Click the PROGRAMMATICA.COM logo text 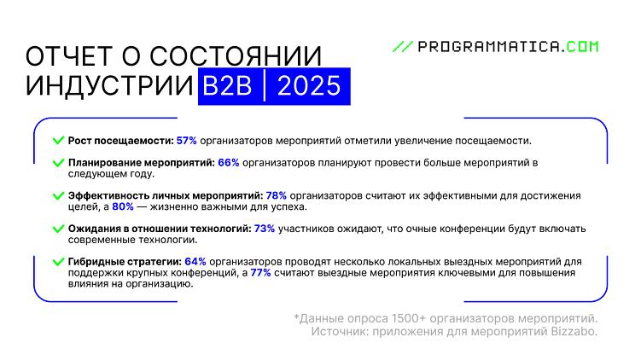click(509, 47)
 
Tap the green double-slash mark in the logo click(402, 47)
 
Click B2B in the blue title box click(227, 87)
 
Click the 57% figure click(186, 140)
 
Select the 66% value click(228, 161)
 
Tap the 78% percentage click(277, 195)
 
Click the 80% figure click(123, 206)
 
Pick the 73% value click(264, 229)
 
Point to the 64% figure click(195, 262)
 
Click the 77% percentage click(260, 273)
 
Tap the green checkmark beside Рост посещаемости click(58, 140)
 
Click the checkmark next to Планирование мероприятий click(58, 161)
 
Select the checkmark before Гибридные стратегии click(58, 262)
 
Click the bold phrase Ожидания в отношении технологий click(159, 229)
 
